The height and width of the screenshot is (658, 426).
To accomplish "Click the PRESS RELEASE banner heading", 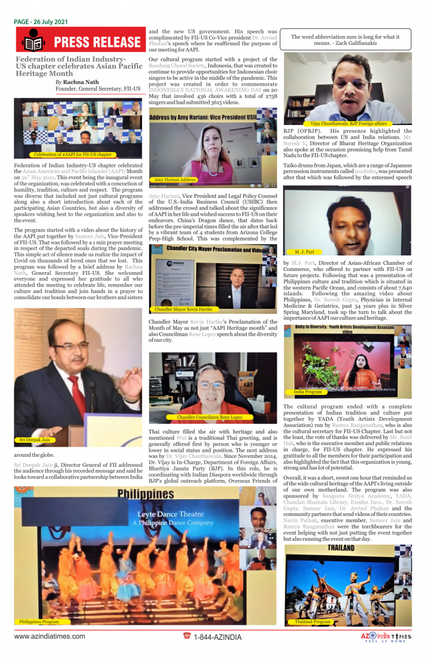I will [x=97, y=42].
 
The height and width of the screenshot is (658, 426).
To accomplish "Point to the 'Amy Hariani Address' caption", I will [x=175, y=180].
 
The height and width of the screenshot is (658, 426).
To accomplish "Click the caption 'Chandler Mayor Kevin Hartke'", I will [x=183, y=309].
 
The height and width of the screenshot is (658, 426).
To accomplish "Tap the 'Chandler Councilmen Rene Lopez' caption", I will [x=209, y=417].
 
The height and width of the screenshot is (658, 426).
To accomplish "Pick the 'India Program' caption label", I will [x=308, y=391].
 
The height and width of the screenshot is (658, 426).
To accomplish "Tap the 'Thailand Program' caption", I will [x=313, y=622].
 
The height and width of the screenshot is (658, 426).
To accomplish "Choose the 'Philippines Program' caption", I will [x=39, y=622].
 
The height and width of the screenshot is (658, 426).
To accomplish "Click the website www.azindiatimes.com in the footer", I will [x=50, y=636].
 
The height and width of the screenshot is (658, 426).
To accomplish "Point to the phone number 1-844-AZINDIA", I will [x=217, y=637].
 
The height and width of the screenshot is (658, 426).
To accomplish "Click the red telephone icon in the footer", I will [x=187, y=636].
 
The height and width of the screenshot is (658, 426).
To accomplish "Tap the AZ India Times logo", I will [x=386, y=637].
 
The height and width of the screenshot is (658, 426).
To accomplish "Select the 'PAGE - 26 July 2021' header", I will [x=41, y=22].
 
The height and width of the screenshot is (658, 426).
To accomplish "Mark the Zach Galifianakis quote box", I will [x=349, y=39].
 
